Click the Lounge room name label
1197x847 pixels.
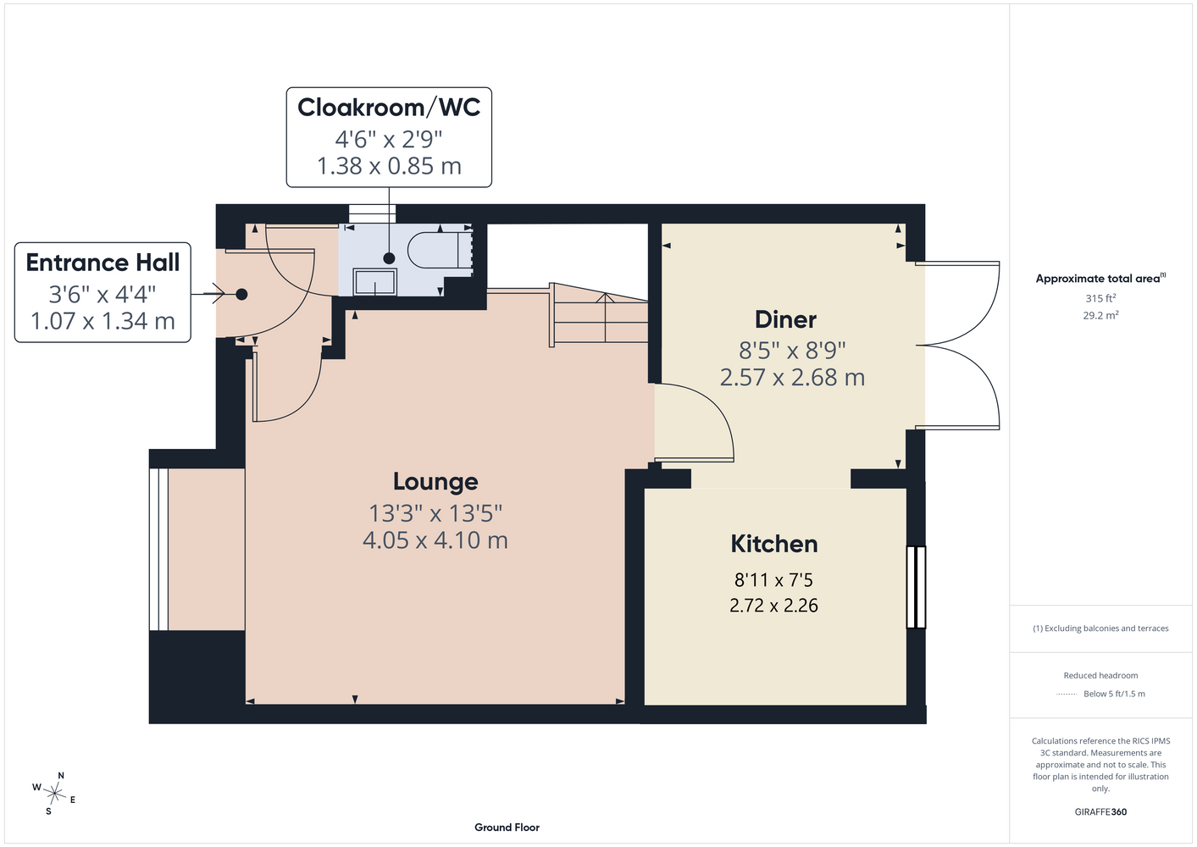tap(435, 481)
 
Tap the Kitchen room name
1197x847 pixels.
tap(774, 544)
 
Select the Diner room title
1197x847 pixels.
tap(785, 319)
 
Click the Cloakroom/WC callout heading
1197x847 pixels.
tap(389, 108)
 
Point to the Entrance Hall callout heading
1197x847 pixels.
tap(103, 263)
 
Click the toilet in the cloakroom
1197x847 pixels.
tap(440, 250)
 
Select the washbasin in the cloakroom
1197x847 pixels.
tap(374, 281)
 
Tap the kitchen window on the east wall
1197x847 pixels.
tap(916, 587)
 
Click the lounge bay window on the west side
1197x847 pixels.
tap(158, 550)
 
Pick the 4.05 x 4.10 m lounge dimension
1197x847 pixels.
tap(435, 540)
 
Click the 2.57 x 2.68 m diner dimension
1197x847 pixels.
tap(792, 378)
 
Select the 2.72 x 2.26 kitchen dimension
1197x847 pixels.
tap(773, 606)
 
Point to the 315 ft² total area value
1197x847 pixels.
tap(1100, 298)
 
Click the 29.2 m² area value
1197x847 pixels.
tap(1100, 315)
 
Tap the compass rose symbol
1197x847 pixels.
tap(54, 794)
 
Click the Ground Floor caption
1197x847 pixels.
tap(507, 828)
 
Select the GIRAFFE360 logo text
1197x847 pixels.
tap(1100, 811)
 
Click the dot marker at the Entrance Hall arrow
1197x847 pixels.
tap(241, 294)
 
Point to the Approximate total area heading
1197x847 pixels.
tap(1100, 278)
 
